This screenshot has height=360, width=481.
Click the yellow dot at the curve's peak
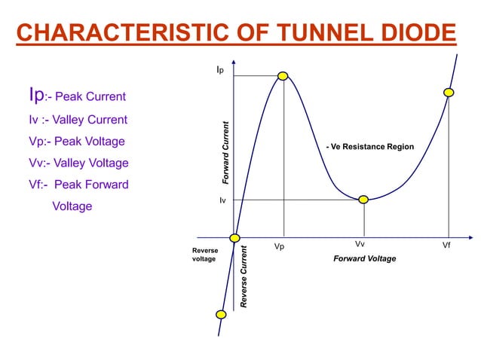(x=283, y=75)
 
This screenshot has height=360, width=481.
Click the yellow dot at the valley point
(x=363, y=200)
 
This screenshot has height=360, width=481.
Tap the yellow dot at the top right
(x=449, y=92)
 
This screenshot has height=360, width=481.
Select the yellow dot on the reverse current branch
(x=221, y=314)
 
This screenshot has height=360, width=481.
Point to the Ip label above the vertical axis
(x=219, y=70)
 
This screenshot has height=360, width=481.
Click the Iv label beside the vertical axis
(x=222, y=201)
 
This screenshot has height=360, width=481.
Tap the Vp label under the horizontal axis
(x=279, y=246)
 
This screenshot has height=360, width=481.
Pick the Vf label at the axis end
(x=446, y=246)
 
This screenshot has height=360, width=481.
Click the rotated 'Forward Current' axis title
(x=224, y=153)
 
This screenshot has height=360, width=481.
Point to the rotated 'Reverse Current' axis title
(x=244, y=276)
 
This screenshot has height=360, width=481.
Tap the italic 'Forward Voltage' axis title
(x=364, y=259)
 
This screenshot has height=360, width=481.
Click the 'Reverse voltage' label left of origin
(x=205, y=254)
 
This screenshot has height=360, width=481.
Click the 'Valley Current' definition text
(x=91, y=120)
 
